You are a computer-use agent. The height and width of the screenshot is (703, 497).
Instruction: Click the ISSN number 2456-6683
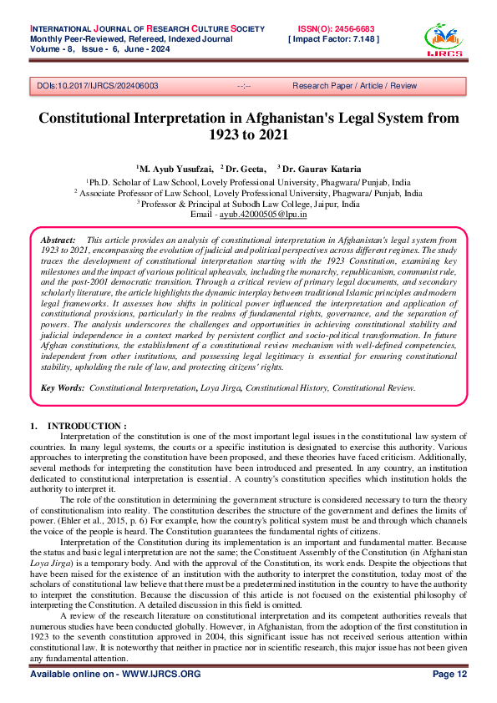[x=352, y=28]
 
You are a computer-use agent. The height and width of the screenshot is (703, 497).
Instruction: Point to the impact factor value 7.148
[x=356, y=38]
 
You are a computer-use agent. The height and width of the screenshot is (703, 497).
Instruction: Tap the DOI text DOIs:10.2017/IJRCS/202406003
[x=94, y=85]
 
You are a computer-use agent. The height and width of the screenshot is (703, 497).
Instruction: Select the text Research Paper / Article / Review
[x=354, y=85]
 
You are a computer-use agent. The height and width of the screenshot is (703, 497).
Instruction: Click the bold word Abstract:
[x=58, y=240]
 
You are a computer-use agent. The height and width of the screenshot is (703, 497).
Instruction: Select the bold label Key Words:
[x=63, y=388]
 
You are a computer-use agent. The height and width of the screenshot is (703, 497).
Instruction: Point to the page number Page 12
[x=449, y=674]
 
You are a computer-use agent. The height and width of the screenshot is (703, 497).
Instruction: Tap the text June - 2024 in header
[x=165, y=49]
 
